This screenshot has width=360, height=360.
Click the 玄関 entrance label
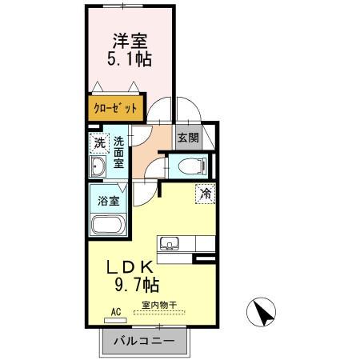188,138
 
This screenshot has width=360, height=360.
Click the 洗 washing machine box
99,144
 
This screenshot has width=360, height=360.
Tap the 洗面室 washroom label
118,152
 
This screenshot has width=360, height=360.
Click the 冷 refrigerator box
205,193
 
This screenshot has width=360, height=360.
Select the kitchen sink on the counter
170,244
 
